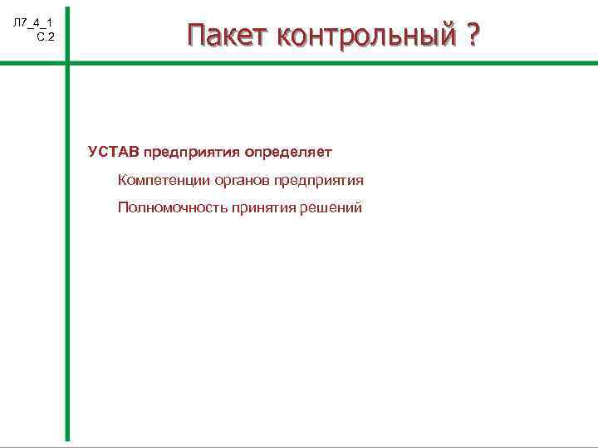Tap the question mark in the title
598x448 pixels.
473,36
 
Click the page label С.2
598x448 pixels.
46,37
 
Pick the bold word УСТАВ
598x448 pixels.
114,152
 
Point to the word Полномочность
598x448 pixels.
170,208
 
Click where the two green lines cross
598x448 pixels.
68,64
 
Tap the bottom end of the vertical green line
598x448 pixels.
68,437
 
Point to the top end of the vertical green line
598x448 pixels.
68,10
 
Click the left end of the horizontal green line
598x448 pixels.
2,64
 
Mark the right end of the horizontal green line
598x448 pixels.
595,64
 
